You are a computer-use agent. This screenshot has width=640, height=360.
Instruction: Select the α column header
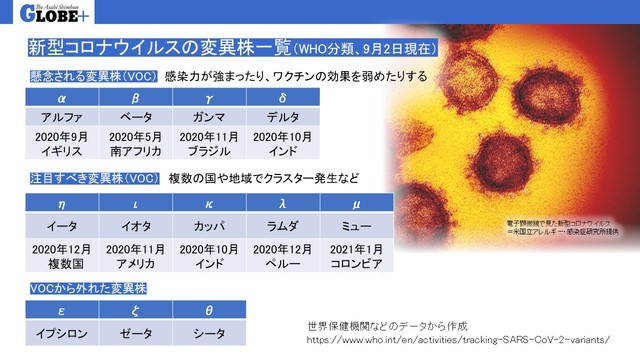click(x=62, y=98)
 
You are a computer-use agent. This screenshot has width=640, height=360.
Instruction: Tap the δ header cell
click(x=282, y=98)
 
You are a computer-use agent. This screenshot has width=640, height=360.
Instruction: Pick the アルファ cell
click(x=62, y=118)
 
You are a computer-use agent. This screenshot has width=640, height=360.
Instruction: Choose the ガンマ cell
click(x=209, y=118)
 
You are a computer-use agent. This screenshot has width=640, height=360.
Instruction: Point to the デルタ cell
click(x=282, y=118)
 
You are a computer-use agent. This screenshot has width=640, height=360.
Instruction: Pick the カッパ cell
click(x=209, y=226)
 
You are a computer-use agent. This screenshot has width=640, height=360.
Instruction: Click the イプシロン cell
click(x=62, y=332)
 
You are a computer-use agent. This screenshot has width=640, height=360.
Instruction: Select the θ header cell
click(x=209, y=310)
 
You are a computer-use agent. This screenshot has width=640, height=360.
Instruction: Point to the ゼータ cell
click(x=135, y=332)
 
